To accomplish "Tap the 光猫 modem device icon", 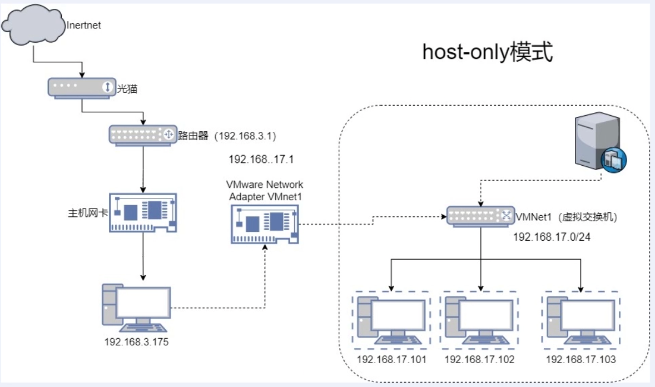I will coord(81,88).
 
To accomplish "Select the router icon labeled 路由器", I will coord(142,135).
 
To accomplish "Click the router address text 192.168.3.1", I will coord(246,136).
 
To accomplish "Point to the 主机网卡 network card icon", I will coord(143,212).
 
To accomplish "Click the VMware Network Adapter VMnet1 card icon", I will coord(265,223).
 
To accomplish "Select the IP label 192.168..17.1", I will coord(261,160).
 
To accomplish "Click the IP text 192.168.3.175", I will coord(136,341).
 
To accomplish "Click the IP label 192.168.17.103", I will coord(580,359).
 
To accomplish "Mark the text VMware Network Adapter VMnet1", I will coord(265,189).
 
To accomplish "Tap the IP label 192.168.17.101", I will coord(391,359).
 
